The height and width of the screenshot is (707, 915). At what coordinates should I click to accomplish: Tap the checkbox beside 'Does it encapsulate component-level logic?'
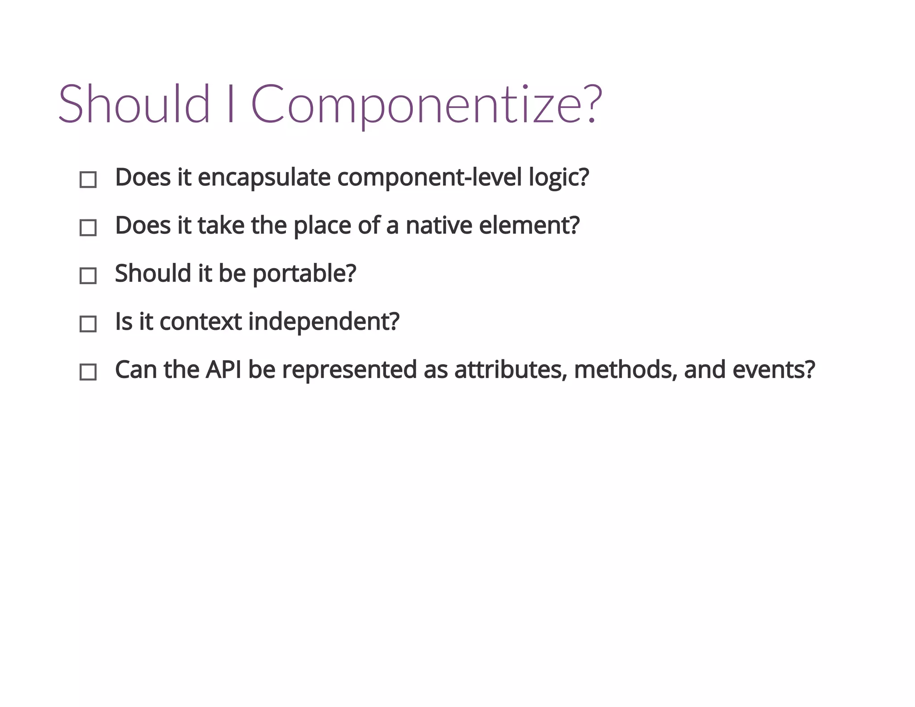[x=88, y=180]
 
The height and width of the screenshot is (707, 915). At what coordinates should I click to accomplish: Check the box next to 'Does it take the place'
[x=88, y=227]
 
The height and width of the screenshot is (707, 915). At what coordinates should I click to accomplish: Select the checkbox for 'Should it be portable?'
[x=88, y=276]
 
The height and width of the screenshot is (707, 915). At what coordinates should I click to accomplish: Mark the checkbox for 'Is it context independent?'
[x=88, y=324]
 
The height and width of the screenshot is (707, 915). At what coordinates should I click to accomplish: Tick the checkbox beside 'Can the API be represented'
[x=88, y=372]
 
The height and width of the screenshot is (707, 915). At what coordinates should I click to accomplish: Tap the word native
[x=438, y=225]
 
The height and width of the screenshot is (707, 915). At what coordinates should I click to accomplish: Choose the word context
[x=201, y=322]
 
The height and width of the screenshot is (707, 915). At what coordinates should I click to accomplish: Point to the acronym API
[x=223, y=370]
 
